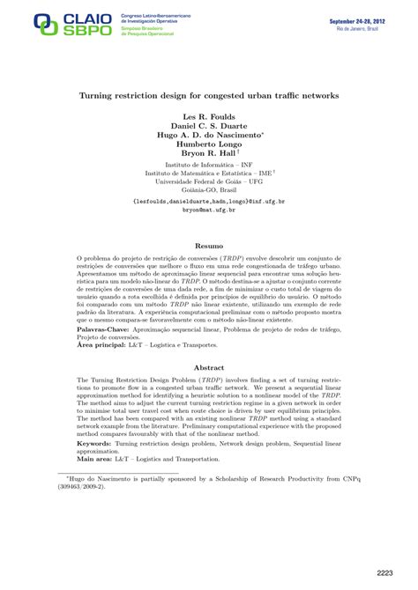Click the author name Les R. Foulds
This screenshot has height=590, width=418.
click(209, 117)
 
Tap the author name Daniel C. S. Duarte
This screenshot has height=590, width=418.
click(209, 127)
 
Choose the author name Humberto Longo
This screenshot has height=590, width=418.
click(209, 146)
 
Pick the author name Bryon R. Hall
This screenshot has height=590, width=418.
click(208, 156)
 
